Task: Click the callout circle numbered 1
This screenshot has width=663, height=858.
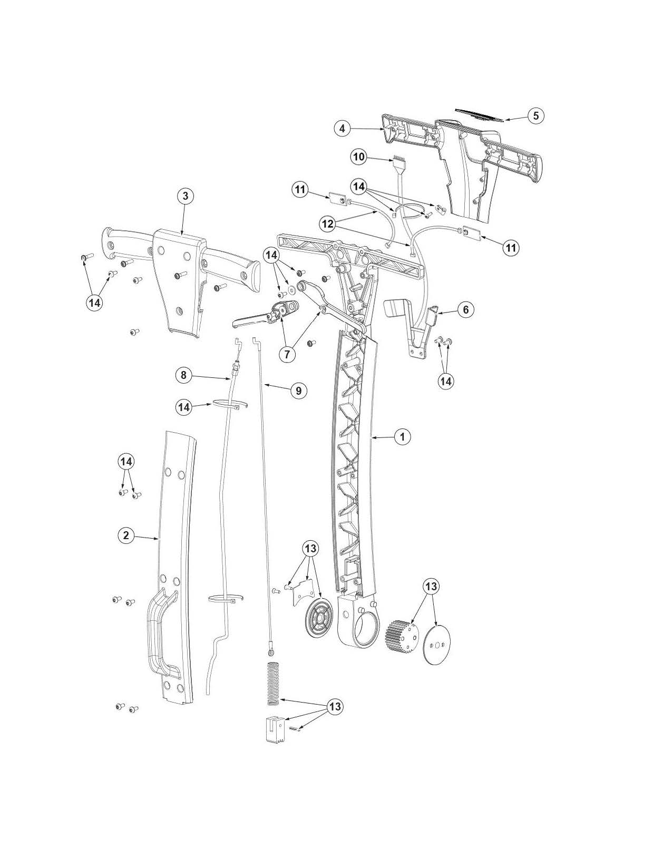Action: pos(402,437)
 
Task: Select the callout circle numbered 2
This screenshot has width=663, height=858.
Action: pos(126,535)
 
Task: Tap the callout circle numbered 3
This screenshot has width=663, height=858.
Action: pos(185,196)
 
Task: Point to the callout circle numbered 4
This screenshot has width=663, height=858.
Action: pos(342,128)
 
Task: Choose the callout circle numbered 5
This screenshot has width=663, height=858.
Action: pos(535,115)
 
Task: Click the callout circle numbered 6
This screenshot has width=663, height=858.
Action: pos(465,309)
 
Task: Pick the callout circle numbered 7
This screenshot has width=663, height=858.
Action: pos(287,354)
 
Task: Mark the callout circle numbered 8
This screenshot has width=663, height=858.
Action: pos(183,375)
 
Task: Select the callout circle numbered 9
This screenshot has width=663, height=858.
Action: pos(298,391)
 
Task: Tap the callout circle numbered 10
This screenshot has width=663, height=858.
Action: pos(359,157)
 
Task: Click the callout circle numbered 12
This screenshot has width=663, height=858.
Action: pos(328,224)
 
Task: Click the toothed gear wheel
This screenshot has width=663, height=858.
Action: pos(402,634)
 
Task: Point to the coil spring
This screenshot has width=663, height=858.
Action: pos(271,682)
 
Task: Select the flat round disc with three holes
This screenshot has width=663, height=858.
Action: pos(437,645)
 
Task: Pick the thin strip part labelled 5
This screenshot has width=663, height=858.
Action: pos(480,115)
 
